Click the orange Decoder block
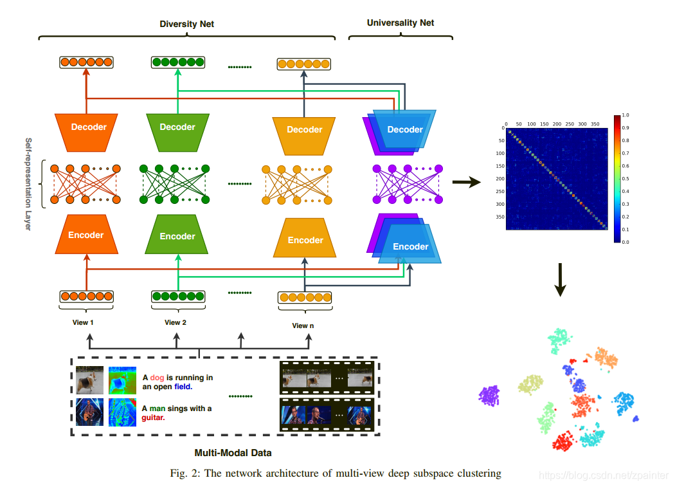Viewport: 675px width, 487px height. (89, 127)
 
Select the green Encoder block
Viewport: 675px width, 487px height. (177, 236)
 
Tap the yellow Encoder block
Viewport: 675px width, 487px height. (305, 240)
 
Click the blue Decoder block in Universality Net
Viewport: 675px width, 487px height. (405, 129)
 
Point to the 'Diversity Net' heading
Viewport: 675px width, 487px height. (186, 24)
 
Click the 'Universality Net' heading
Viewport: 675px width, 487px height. (400, 23)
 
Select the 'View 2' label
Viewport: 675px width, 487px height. (175, 322)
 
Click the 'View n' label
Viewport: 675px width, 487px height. (303, 326)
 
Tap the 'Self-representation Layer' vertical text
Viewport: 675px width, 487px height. (28, 183)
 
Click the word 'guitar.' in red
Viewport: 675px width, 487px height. (153, 418)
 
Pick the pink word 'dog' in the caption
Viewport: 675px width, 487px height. (157, 378)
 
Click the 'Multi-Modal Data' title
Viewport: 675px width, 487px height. (224, 453)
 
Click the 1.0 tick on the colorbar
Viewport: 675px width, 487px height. (625, 115)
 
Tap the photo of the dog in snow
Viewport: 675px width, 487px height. (88, 380)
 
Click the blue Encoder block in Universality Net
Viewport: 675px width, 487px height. (410, 246)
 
